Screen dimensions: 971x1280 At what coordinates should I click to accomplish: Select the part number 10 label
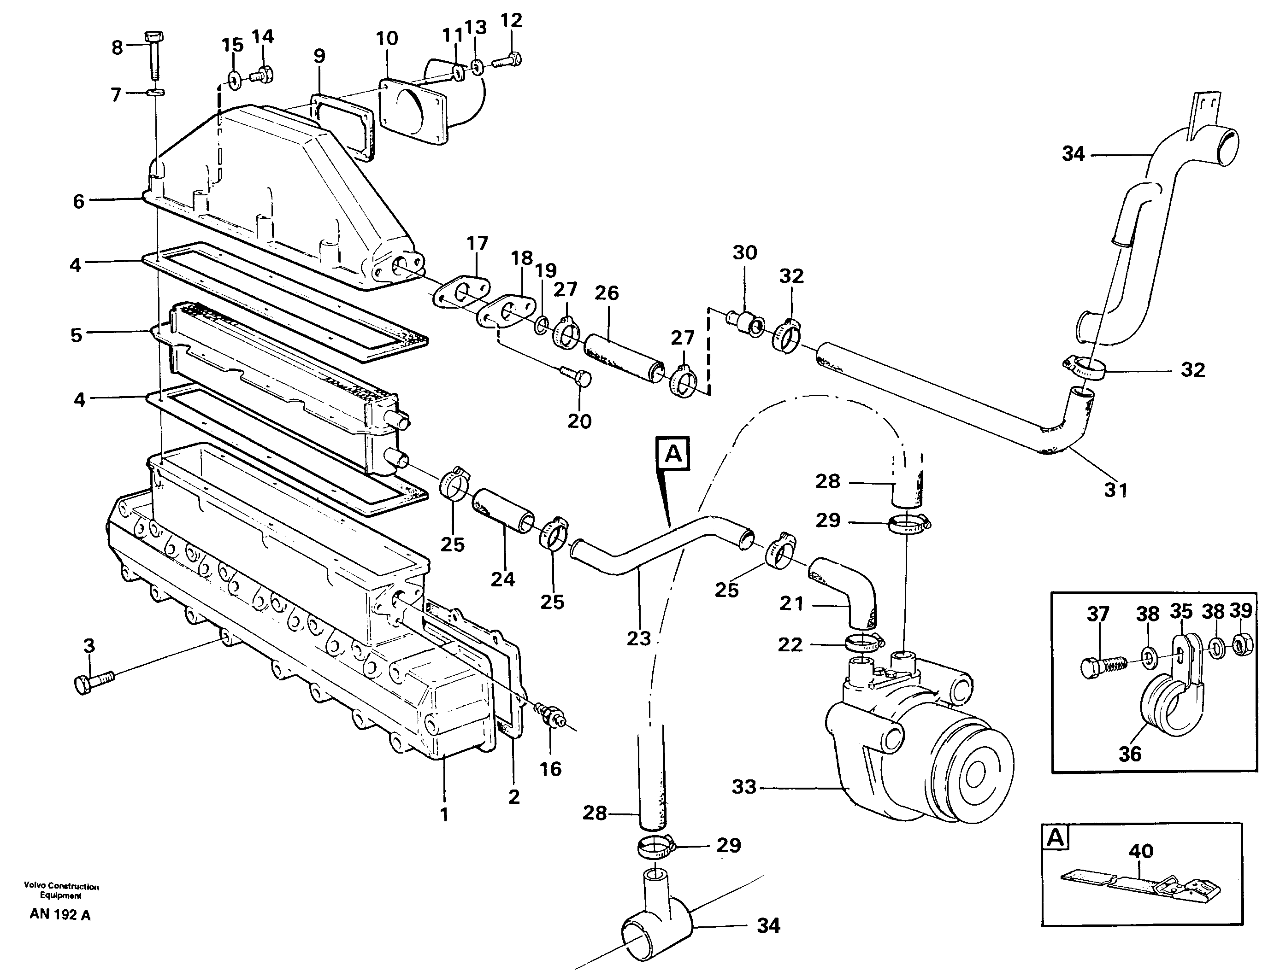[387, 39]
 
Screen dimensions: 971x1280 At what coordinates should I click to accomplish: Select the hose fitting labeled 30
[745, 321]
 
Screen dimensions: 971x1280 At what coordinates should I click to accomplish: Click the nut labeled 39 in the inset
[1240, 643]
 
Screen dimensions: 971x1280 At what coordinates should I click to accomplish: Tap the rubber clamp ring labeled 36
[1163, 710]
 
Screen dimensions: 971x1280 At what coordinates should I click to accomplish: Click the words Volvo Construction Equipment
[61, 890]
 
